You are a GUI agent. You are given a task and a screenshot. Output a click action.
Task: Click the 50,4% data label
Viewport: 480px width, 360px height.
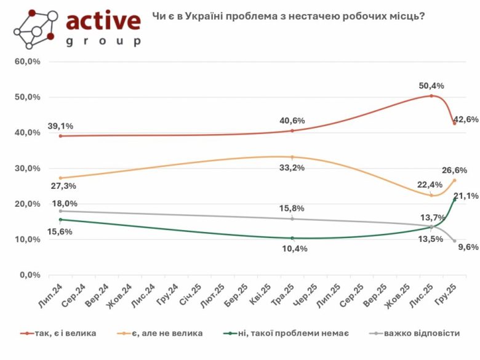[x=431, y=86]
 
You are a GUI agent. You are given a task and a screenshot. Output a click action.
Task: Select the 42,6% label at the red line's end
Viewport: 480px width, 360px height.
[x=466, y=119]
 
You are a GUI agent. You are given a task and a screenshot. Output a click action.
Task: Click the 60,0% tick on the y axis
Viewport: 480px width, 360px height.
[x=28, y=62]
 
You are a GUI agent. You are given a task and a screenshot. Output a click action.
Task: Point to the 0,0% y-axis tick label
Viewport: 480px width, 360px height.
[x=31, y=275]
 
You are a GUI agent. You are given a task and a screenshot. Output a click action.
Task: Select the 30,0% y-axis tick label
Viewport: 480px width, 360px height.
[x=28, y=169]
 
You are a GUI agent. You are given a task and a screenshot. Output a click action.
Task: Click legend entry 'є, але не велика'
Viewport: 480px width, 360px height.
[x=171, y=333]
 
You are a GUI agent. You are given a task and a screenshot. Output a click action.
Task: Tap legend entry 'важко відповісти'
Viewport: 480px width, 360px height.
[x=421, y=333]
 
